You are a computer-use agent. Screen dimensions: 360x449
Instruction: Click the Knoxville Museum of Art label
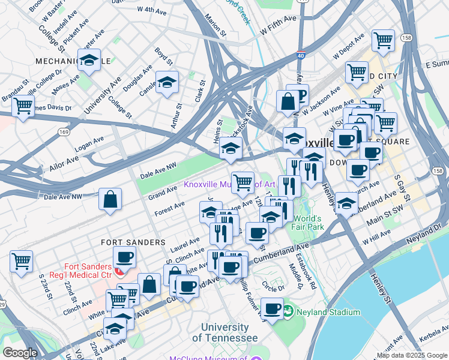click(229, 184)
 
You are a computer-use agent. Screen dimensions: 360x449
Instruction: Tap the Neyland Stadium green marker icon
click(288, 311)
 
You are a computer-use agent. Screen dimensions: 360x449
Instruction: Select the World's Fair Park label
click(308, 223)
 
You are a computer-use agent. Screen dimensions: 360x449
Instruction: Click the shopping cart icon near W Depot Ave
click(383, 41)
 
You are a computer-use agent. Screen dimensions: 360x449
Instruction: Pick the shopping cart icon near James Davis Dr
click(23, 106)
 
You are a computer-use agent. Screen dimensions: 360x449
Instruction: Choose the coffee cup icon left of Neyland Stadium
click(273, 309)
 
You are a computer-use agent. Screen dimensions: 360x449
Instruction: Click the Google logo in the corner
click(20, 353)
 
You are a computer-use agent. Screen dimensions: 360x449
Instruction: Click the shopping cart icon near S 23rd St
click(21, 261)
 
